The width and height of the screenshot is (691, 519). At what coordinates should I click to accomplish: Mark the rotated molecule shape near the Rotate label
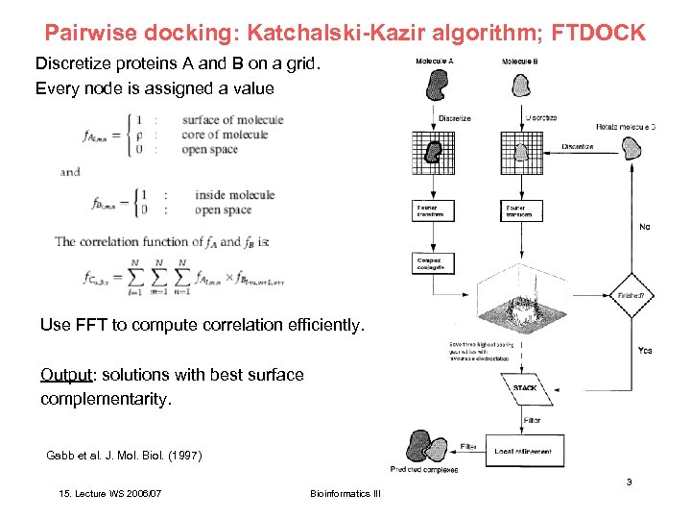coord(631,148)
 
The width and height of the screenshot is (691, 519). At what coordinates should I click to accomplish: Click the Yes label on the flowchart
coord(645,350)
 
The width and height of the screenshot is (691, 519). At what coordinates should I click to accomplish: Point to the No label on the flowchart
coord(644,227)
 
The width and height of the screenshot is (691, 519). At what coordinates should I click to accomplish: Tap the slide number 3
coord(629,482)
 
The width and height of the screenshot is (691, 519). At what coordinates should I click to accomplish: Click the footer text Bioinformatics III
coord(345,493)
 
